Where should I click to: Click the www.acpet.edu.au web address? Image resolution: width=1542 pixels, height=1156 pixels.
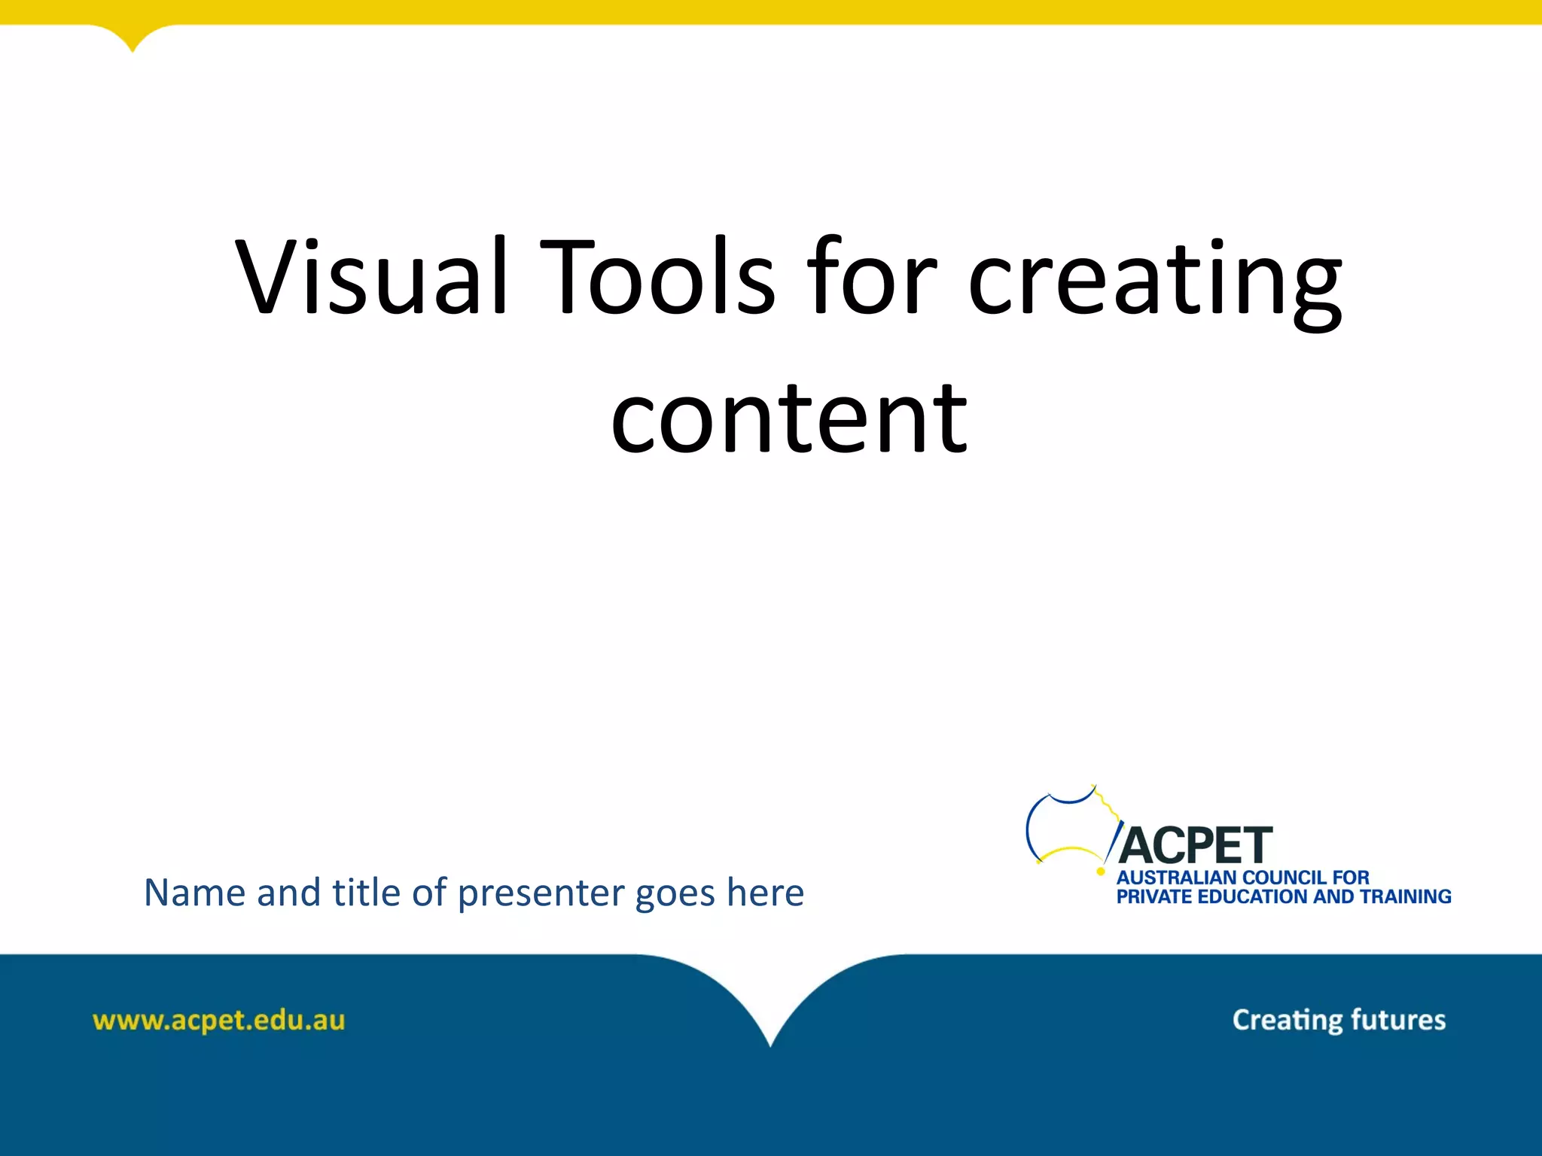pos(218,1021)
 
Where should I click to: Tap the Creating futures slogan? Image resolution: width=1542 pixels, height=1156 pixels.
pos(1339,1020)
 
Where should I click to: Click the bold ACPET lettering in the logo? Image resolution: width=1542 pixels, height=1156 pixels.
pos(1196,845)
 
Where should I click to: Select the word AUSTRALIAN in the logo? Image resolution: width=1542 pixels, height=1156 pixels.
pos(1176,878)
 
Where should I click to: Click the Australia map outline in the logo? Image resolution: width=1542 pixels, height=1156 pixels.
pos(1069,825)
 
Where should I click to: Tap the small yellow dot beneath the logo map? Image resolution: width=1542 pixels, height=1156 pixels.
pos(1101,872)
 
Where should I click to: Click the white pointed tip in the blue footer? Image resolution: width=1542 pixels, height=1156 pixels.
pos(770,1042)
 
